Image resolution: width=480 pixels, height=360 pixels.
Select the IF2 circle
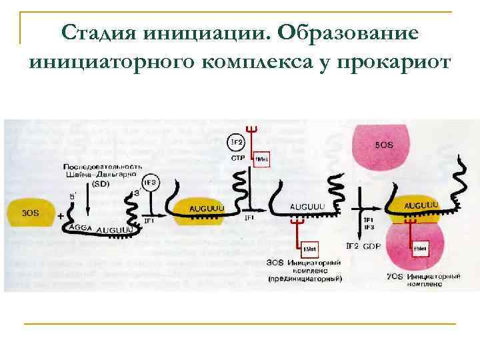pyautogui.click(x=236, y=143)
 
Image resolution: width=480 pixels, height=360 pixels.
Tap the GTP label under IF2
pyautogui.click(x=238, y=159)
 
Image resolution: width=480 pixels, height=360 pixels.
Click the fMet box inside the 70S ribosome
pyautogui.click(x=420, y=249)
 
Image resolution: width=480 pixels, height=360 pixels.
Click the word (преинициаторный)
pyautogui.click(x=304, y=277)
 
